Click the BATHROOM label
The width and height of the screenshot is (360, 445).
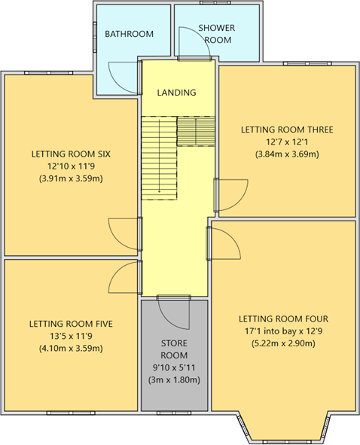click(x=129, y=34)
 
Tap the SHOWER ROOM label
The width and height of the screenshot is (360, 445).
click(x=216, y=34)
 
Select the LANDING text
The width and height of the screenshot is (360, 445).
click(x=176, y=93)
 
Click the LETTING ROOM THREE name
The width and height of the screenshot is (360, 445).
click(x=287, y=130)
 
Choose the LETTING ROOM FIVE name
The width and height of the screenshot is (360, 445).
click(x=71, y=324)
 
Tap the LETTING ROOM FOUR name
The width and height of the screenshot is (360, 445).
click(x=283, y=319)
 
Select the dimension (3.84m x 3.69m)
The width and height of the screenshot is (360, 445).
click(x=287, y=154)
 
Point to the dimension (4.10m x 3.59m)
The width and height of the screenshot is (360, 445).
click(x=71, y=348)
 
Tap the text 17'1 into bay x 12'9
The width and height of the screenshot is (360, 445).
click(x=283, y=331)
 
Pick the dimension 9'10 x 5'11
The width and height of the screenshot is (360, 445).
click(x=174, y=367)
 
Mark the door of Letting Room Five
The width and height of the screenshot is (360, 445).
click(x=123, y=278)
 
